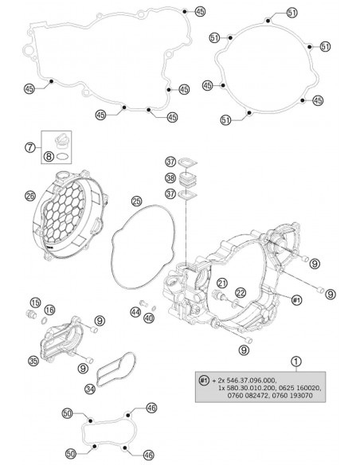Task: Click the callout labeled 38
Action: pyautogui.click(x=170, y=178)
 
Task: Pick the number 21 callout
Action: pyautogui.click(x=222, y=283)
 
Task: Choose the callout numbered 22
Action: pyautogui.click(x=241, y=292)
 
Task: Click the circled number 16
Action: pyautogui.click(x=50, y=309)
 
